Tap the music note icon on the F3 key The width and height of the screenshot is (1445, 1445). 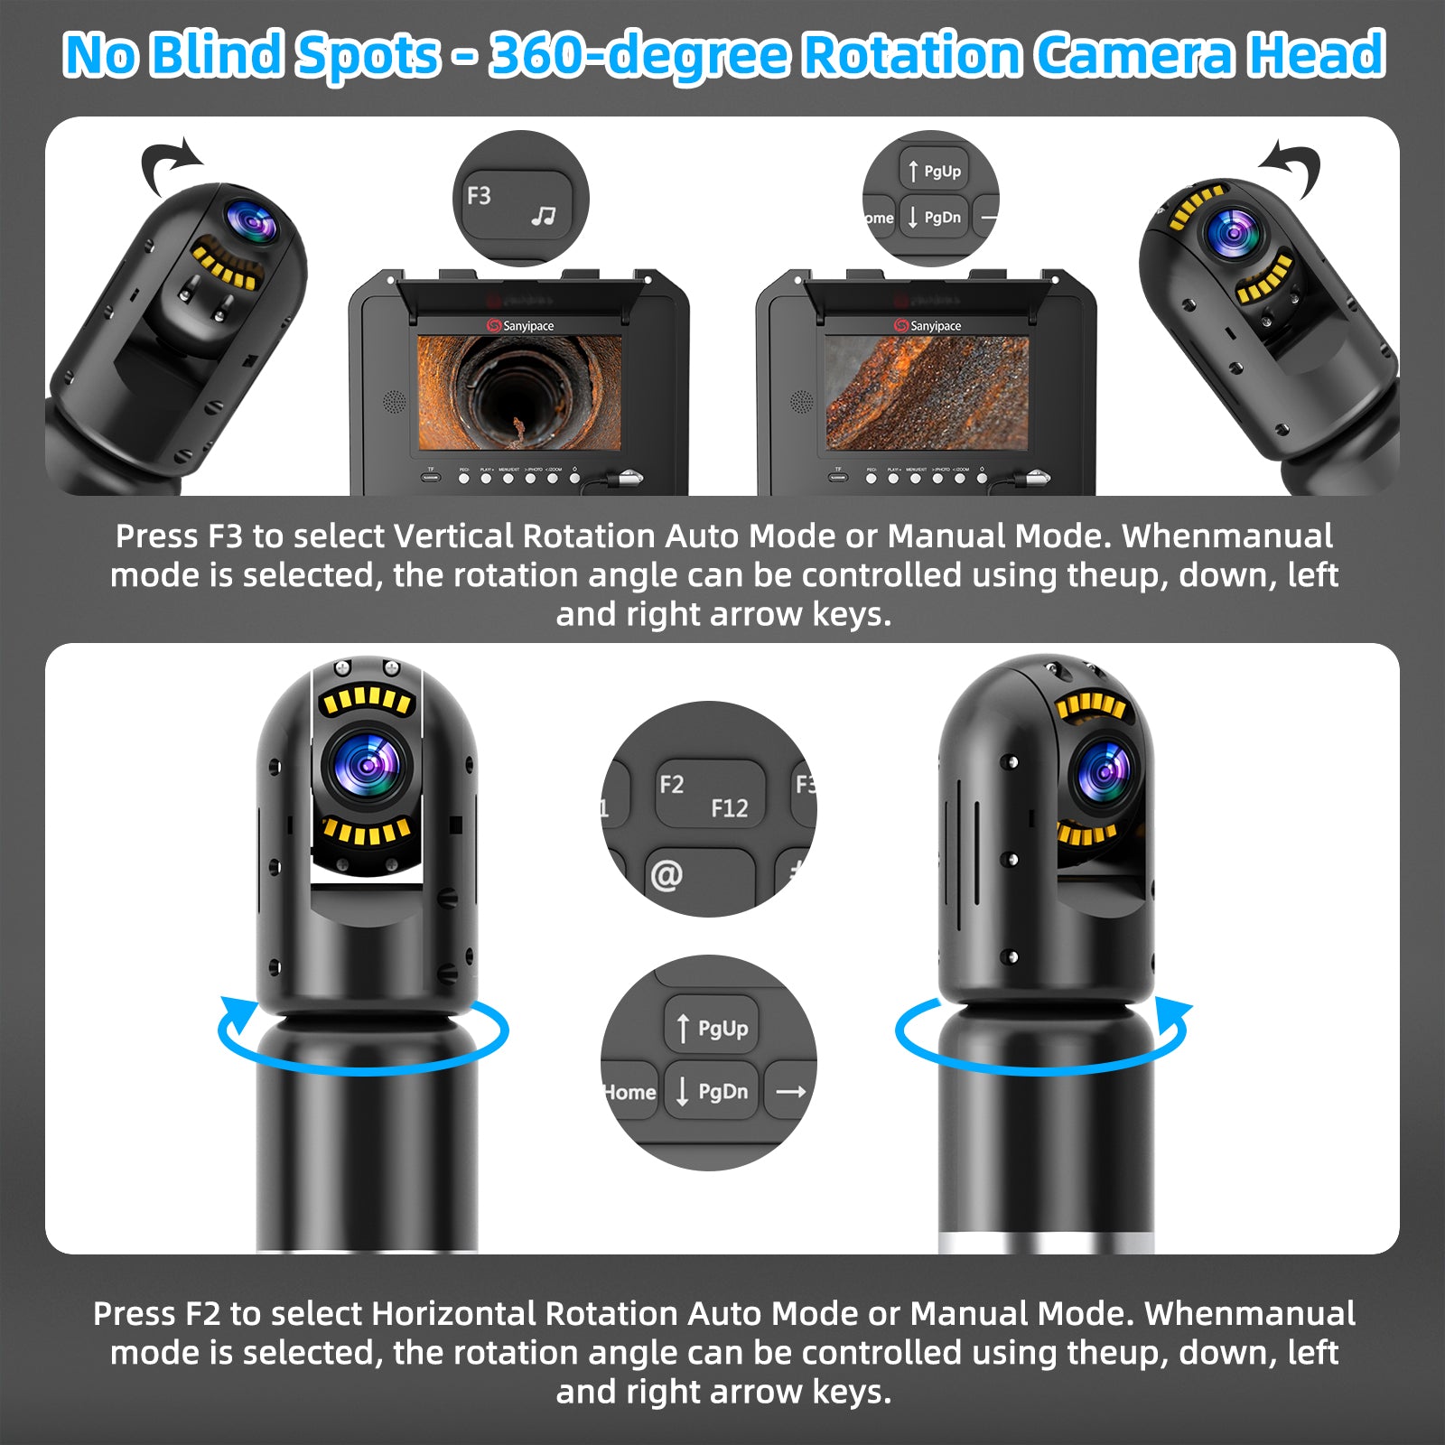point(543,216)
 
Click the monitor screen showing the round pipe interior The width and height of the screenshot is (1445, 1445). point(519,392)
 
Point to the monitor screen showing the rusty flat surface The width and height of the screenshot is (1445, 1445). point(927,392)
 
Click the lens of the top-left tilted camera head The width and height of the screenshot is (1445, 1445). point(251,222)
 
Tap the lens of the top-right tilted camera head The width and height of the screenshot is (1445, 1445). point(1234,233)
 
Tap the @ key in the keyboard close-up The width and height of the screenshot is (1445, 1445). point(667,874)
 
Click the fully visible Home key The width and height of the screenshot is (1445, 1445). point(629,1092)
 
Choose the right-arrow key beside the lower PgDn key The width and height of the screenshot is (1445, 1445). point(790,1092)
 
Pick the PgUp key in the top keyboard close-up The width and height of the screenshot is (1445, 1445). point(934,171)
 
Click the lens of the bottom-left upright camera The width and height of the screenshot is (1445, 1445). point(368,766)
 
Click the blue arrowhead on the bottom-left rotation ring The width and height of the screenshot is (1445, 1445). point(237,1013)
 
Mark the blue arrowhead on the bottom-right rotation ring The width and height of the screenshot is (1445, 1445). point(1172,1015)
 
